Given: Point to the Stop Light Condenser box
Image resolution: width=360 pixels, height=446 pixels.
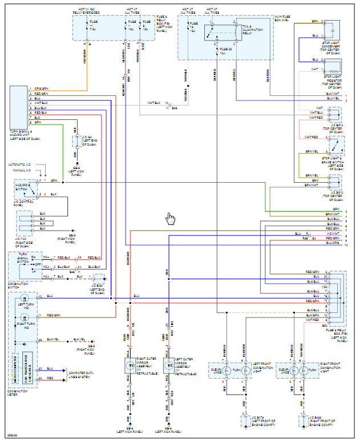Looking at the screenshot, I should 331,30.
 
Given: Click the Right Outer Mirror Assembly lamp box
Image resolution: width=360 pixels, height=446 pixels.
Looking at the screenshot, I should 129,365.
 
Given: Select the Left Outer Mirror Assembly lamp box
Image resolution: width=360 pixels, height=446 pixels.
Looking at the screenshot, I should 169,365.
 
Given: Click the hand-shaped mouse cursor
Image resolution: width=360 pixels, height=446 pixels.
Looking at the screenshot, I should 170,219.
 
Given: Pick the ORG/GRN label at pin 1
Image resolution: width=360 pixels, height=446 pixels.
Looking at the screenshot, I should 41,89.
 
